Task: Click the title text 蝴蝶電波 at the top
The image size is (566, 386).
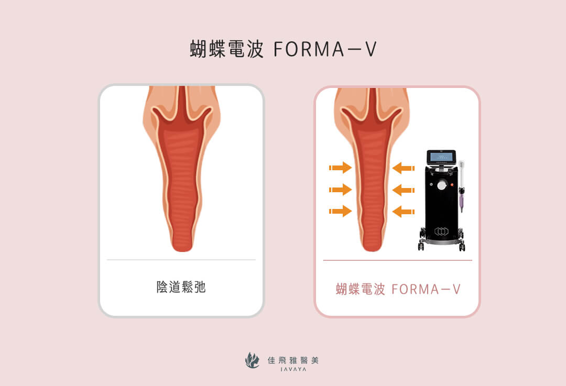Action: (227, 49)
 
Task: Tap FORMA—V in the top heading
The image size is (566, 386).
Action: (325, 49)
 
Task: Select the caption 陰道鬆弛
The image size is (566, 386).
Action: (181, 287)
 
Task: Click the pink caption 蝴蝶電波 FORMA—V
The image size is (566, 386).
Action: (398, 289)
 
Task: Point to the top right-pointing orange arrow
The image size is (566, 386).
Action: (340, 168)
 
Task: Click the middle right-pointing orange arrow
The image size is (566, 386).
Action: (340, 190)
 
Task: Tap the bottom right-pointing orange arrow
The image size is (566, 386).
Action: (340, 211)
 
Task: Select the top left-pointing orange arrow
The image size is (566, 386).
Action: (403, 168)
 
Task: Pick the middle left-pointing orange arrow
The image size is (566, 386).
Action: (403, 190)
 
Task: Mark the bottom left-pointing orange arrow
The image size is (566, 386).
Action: (403, 212)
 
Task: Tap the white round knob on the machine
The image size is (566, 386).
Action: (441, 185)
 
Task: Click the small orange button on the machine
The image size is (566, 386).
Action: (452, 185)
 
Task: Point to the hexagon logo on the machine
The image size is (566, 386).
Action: (441, 231)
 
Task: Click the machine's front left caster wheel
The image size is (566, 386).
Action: (421, 246)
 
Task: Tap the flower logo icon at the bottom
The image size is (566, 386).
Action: (252, 360)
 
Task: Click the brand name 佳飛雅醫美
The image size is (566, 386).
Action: (293, 360)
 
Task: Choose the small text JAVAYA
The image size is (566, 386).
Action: (293, 369)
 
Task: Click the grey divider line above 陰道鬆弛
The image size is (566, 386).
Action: (181, 260)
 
